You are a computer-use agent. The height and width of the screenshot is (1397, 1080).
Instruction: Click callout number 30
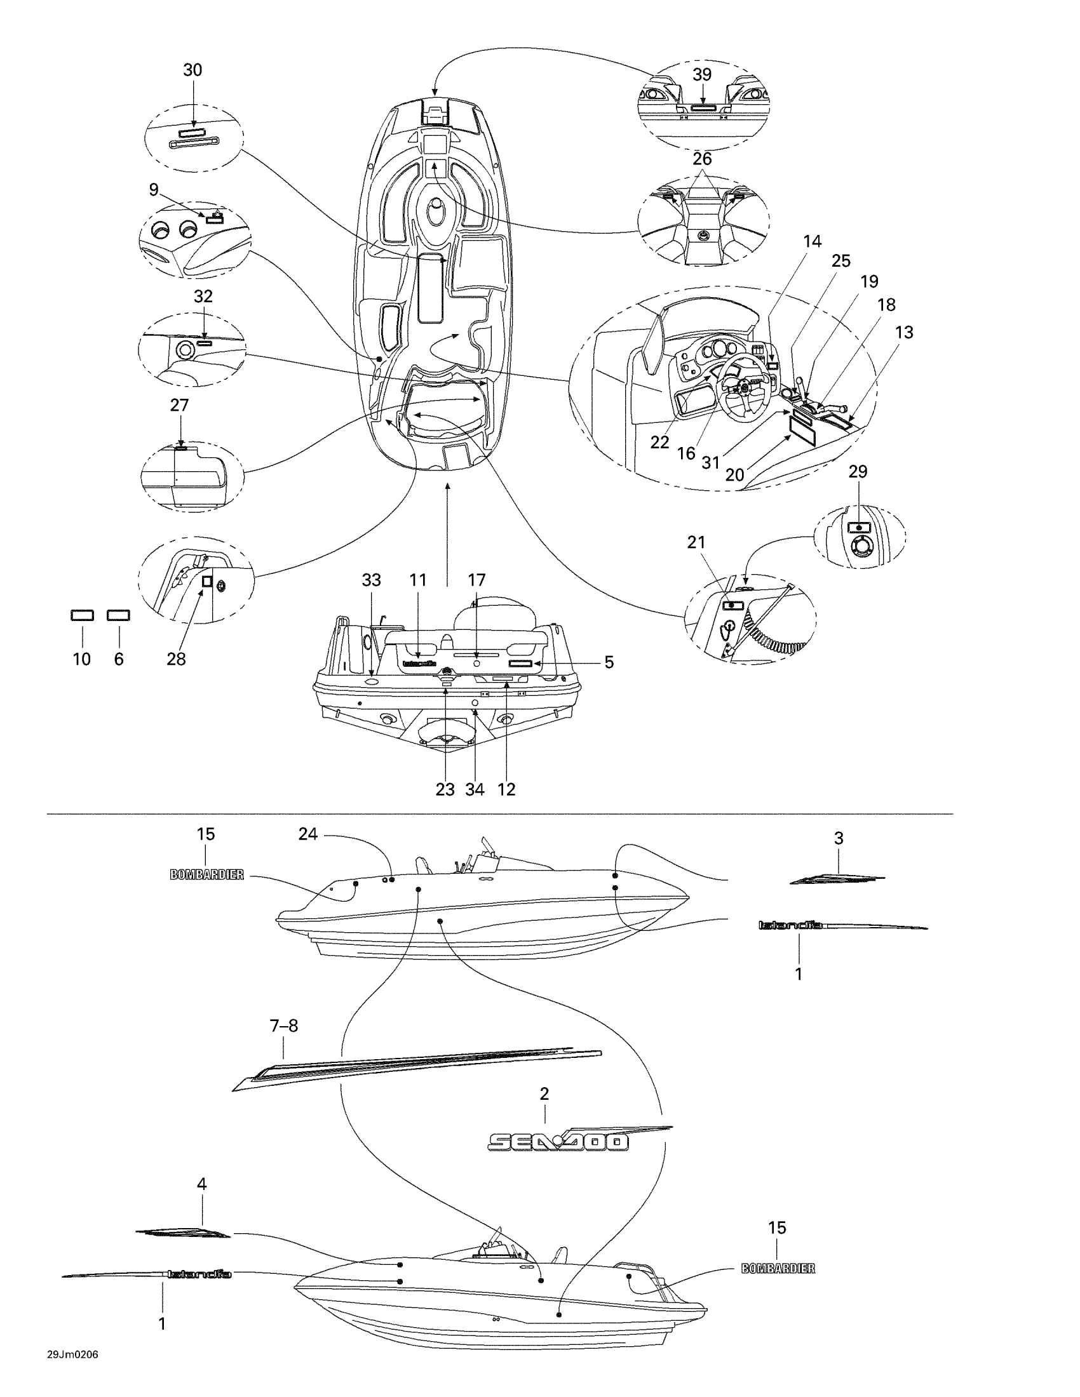pos(192,70)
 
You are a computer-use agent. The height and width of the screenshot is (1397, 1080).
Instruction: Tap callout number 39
pos(702,75)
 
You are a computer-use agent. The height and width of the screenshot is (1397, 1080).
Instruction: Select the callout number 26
pos(702,158)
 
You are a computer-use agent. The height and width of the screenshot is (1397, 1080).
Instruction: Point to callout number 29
pos(858,471)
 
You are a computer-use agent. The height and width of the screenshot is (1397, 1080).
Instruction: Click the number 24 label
pos(307,834)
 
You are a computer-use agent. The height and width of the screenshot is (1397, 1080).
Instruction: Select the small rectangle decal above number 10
pos(82,615)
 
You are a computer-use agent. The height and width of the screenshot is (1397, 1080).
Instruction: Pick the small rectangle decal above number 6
pos(119,615)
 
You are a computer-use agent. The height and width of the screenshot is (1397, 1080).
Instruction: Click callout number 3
pos(839,838)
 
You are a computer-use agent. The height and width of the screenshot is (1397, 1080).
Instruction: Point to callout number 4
pos(201,1184)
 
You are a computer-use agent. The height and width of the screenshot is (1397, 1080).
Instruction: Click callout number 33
pos(371,580)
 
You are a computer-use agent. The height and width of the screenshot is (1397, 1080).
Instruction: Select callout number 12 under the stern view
pos(506,789)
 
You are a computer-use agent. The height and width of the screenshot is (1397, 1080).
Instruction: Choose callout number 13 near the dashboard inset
pos(904,332)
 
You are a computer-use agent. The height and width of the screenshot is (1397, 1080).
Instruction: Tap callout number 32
pos(203,297)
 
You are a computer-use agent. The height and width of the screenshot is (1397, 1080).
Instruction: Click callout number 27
pos(180,405)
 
